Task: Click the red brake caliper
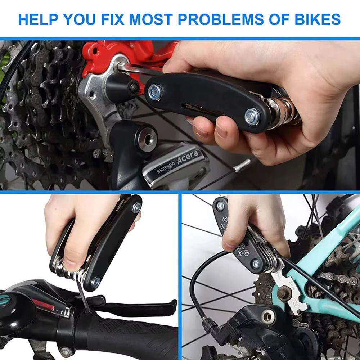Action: [119, 54]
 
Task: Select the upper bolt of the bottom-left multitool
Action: [137, 207]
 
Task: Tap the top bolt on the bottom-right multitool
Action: [220, 206]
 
